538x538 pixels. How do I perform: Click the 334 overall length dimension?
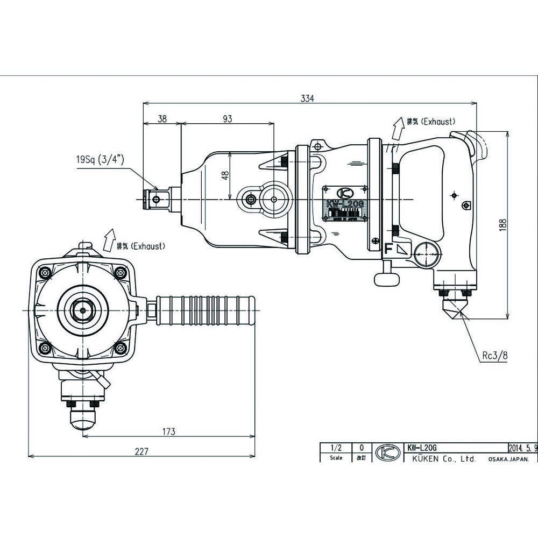(307, 98)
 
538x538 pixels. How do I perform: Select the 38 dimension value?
(162, 119)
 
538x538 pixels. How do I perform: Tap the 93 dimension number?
(227, 119)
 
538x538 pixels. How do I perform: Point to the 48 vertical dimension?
(225, 175)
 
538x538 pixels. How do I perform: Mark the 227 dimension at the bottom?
(141, 451)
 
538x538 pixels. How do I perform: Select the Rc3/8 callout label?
(493, 355)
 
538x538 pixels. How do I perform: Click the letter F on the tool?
(387, 249)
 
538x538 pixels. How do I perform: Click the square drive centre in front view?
(82, 310)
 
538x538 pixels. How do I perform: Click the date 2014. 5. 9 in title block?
(522, 447)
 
